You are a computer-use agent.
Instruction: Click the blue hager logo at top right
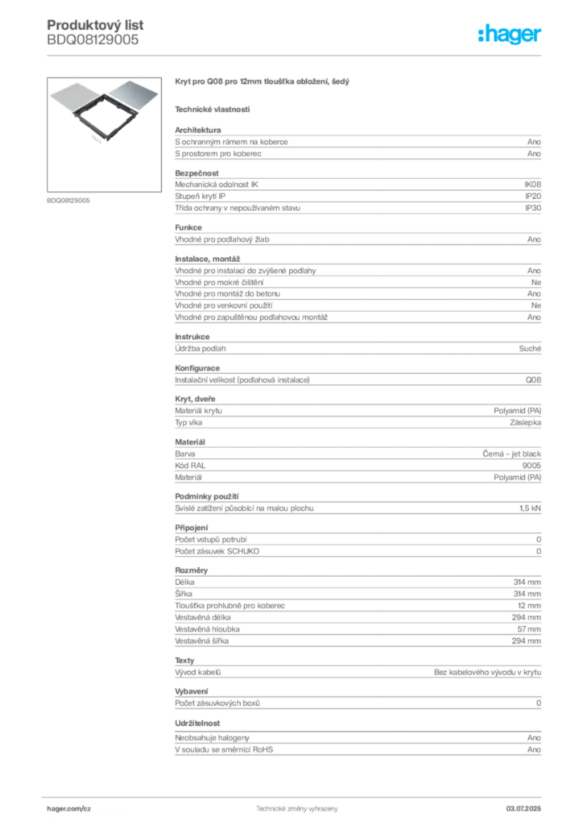point(511,35)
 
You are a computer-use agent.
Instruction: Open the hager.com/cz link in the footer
point(69,808)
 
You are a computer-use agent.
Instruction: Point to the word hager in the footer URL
point(61,808)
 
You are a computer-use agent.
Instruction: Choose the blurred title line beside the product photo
point(263,83)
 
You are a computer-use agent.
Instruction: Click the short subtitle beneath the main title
point(213,110)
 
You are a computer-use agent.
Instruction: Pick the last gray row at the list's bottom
point(357,751)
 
